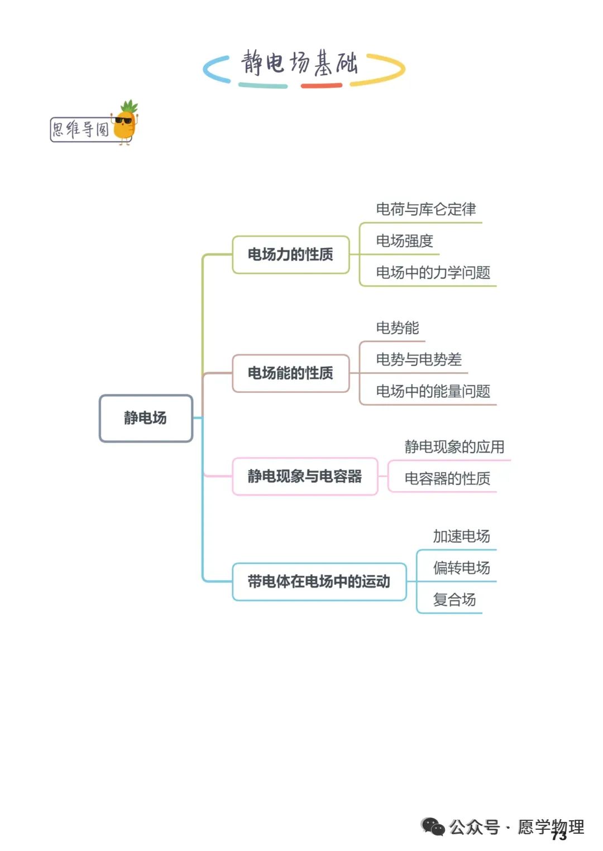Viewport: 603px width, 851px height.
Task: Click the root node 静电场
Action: (x=146, y=418)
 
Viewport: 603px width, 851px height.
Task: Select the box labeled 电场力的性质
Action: (x=291, y=254)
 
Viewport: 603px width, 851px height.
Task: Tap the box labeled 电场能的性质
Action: (x=291, y=373)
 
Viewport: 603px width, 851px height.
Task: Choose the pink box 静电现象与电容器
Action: (x=305, y=476)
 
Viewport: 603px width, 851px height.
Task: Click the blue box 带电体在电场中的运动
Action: (x=319, y=581)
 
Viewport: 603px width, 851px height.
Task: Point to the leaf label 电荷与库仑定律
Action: (x=426, y=209)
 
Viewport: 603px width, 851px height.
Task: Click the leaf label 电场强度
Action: (x=405, y=241)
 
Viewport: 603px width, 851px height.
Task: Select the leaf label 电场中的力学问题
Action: (x=433, y=272)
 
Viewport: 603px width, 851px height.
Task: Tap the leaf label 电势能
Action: (x=398, y=328)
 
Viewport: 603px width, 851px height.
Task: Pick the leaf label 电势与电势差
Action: (x=419, y=359)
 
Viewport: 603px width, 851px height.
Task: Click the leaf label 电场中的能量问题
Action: (x=433, y=391)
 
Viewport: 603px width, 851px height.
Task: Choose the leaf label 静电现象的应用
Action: (x=454, y=447)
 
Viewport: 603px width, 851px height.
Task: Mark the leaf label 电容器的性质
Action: (x=447, y=478)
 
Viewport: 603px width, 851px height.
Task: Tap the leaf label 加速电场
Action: (x=462, y=536)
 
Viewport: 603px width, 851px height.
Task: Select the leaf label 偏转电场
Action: (x=462, y=568)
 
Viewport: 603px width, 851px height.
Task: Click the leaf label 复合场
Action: (x=454, y=599)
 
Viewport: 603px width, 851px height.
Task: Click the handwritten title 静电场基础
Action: (x=299, y=62)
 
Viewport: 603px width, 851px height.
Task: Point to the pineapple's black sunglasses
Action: (x=123, y=121)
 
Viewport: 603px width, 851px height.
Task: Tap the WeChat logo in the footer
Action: (x=433, y=826)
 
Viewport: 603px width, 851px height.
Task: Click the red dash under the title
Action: (x=322, y=86)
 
